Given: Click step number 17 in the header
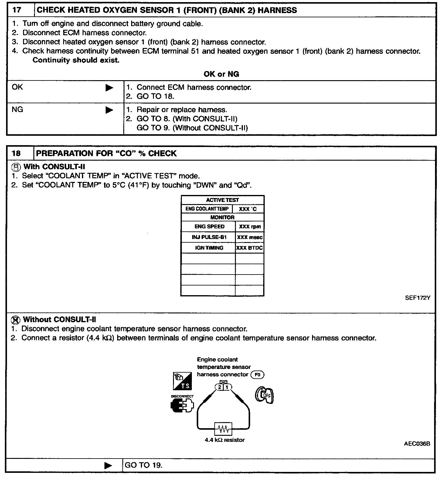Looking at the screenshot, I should click(17, 10).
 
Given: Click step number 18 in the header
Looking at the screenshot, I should click(16, 153).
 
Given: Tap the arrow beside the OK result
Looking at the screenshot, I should click(109, 88).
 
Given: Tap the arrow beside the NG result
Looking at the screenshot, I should click(109, 110).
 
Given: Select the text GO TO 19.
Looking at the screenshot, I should click(144, 465).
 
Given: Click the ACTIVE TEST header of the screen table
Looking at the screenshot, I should click(222, 200).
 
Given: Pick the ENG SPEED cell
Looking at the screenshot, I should click(209, 227).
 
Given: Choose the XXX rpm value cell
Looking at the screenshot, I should click(250, 227).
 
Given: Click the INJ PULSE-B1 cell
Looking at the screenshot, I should click(209, 237).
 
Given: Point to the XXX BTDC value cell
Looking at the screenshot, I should click(250, 248).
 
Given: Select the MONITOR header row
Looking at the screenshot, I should click(222, 217).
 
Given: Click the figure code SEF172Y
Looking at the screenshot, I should click(417, 298).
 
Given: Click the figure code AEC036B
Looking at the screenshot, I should click(417, 443).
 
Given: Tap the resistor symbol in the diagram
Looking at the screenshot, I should click(223, 429).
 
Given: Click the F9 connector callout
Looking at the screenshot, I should click(257, 375).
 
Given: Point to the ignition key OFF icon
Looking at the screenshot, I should click(264, 395).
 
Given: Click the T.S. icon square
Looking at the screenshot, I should click(182, 381).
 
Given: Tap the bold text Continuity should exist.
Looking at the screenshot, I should click(76, 60).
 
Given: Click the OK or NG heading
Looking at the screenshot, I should click(221, 74).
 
